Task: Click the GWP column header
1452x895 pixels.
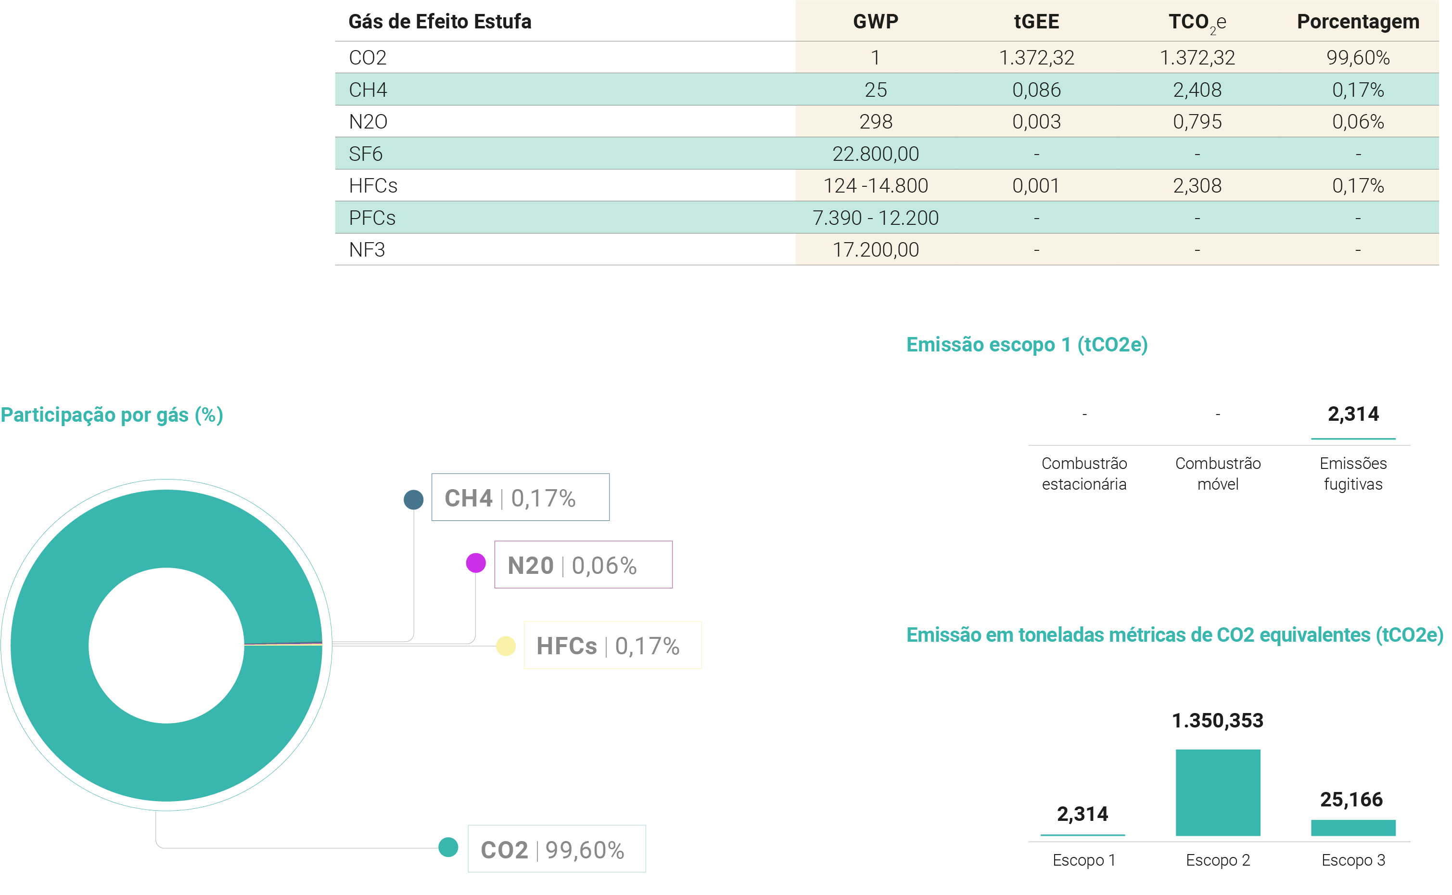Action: coord(875,21)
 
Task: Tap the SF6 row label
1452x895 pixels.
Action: coord(366,154)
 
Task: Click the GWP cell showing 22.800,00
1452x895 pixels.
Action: coord(875,154)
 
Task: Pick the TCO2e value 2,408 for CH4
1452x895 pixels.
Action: coord(1197,90)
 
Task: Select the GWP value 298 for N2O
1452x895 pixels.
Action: coord(875,122)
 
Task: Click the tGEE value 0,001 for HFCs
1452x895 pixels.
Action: coord(1036,186)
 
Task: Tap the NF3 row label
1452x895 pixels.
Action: coord(367,250)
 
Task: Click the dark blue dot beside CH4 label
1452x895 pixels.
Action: coord(413,500)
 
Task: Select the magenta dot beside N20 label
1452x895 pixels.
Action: coord(475,563)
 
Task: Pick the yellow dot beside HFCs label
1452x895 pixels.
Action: coord(506,646)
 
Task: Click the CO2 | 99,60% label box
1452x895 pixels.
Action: coord(556,849)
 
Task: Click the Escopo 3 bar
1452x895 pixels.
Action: coord(1352,828)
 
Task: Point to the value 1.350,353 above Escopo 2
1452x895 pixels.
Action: coord(1217,720)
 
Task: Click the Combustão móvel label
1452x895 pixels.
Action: coord(1217,474)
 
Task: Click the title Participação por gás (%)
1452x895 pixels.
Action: coord(112,415)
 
